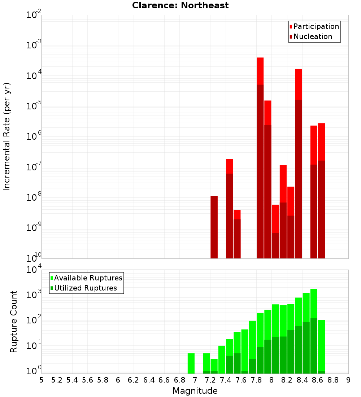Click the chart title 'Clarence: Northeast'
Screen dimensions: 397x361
[x=180, y=5]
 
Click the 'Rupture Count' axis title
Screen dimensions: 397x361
[x=14, y=321]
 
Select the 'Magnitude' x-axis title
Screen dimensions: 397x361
[x=195, y=391]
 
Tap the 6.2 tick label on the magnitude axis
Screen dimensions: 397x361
[x=134, y=380]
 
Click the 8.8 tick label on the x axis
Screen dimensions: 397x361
[x=333, y=380]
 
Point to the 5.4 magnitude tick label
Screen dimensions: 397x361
[x=72, y=380]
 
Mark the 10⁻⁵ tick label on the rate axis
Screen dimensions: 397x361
[x=34, y=106]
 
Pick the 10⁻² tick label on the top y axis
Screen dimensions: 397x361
[x=34, y=15]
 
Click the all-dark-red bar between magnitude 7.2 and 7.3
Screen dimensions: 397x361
[x=214, y=227]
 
